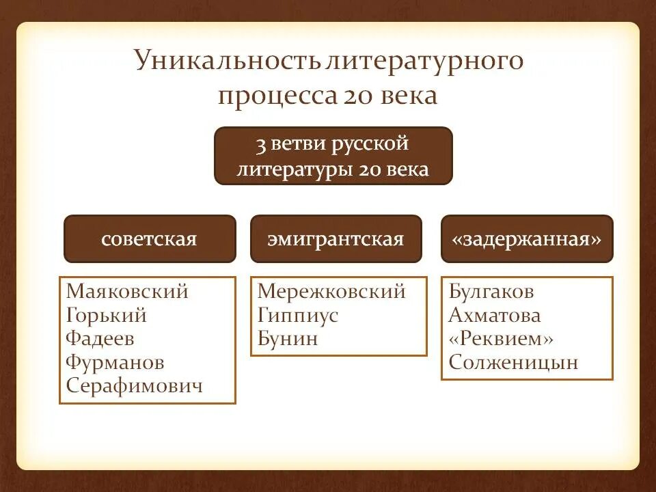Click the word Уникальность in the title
pyautogui.click(x=227, y=61)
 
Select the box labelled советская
pyautogui.click(x=149, y=239)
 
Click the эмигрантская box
pyautogui.click(x=336, y=239)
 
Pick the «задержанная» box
pyautogui.click(x=527, y=239)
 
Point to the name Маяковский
pyautogui.click(x=127, y=292)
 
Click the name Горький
pyautogui.click(x=107, y=316)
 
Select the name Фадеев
pyautogui.click(x=100, y=339)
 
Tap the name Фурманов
pyautogui.click(x=115, y=362)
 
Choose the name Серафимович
pyautogui.click(x=135, y=386)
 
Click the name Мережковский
pyautogui.click(x=331, y=292)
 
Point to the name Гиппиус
pyautogui.click(x=298, y=316)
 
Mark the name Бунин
pyautogui.click(x=288, y=339)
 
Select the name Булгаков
pyautogui.click(x=491, y=292)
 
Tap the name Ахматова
pyautogui.click(x=495, y=316)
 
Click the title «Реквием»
pyautogui.click(x=501, y=339)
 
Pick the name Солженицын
pyautogui.click(x=513, y=362)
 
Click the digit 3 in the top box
pyautogui.click(x=260, y=145)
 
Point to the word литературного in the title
pyautogui.click(x=425, y=61)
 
